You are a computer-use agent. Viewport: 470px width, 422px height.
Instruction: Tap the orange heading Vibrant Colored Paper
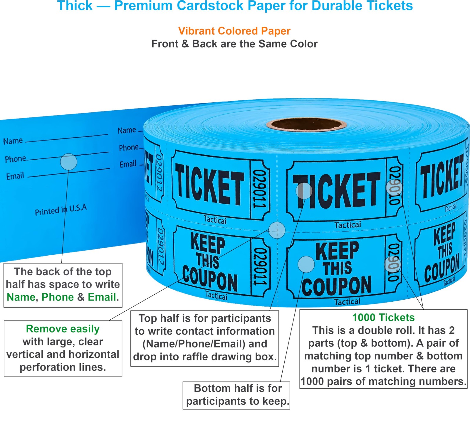pos(234,31)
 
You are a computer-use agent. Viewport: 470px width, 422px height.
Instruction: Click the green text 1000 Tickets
pos(383,318)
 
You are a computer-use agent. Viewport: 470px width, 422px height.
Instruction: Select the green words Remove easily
pos(63,329)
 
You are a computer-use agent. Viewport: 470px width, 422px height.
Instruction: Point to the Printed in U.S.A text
pos(61,210)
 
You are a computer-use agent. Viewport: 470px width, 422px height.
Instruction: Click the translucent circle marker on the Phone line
pos(68,162)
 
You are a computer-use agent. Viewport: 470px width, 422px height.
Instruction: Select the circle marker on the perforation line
pos(277,230)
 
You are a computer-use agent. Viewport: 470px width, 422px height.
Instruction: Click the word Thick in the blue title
pos(75,6)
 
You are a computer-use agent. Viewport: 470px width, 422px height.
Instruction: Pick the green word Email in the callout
pos(102,297)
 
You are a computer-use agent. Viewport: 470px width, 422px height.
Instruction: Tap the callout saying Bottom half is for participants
pos(236,395)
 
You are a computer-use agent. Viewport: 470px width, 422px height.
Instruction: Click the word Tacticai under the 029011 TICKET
pos(215,220)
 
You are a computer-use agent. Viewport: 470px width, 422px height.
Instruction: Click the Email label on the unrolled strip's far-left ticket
pos(15,176)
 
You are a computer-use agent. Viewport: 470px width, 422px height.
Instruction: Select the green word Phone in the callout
pos(58,297)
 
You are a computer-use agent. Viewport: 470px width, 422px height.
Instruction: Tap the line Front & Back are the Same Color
pos(234,44)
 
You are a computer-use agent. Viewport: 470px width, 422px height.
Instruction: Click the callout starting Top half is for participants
pos(204,337)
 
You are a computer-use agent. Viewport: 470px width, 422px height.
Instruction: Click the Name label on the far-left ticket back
pos(13,141)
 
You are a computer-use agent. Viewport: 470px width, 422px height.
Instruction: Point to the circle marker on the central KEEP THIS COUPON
pos(306,264)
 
